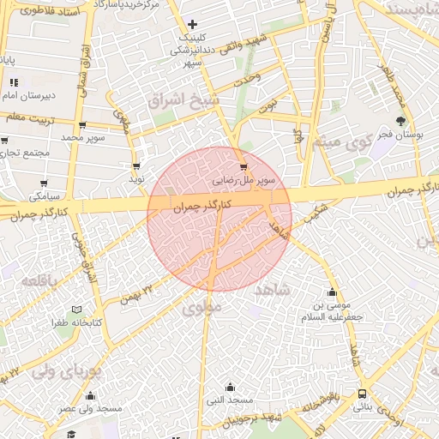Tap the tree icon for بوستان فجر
click(x=400, y=121)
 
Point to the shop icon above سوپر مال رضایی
click(x=244, y=167)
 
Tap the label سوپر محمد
click(x=82, y=136)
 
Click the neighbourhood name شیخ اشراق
click(x=183, y=101)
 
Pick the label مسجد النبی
click(x=229, y=400)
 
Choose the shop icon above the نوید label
click(x=135, y=166)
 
